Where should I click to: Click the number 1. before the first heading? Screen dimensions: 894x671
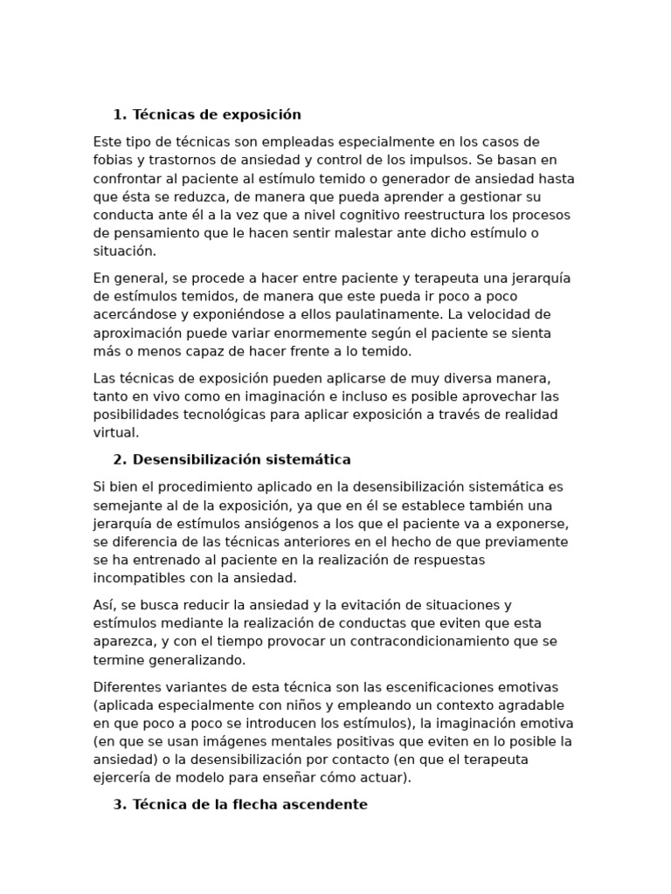coord(120,114)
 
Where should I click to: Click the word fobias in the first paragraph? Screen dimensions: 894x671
coord(113,160)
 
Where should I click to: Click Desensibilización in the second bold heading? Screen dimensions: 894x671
coord(194,459)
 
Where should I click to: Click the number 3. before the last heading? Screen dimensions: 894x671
coord(120,804)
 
